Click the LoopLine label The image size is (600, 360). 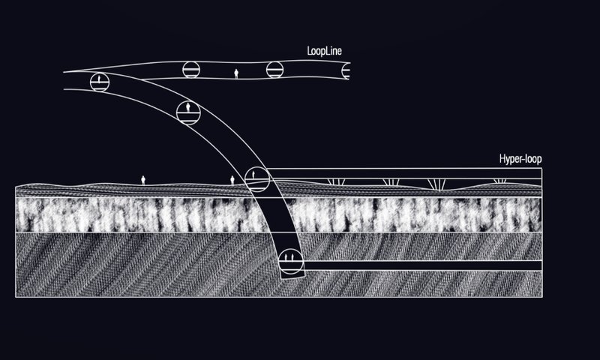(325, 52)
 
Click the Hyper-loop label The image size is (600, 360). (520, 160)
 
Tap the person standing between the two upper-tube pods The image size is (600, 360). (237, 73)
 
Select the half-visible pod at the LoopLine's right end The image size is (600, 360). (346, 71)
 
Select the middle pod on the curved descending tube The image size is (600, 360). (187, 112)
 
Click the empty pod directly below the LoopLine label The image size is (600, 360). (275, 70)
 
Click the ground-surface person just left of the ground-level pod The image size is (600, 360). (232, 181)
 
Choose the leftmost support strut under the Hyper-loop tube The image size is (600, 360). (335, 182)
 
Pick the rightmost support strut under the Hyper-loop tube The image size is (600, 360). (499, 182)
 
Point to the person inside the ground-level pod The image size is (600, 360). (254, 175)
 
